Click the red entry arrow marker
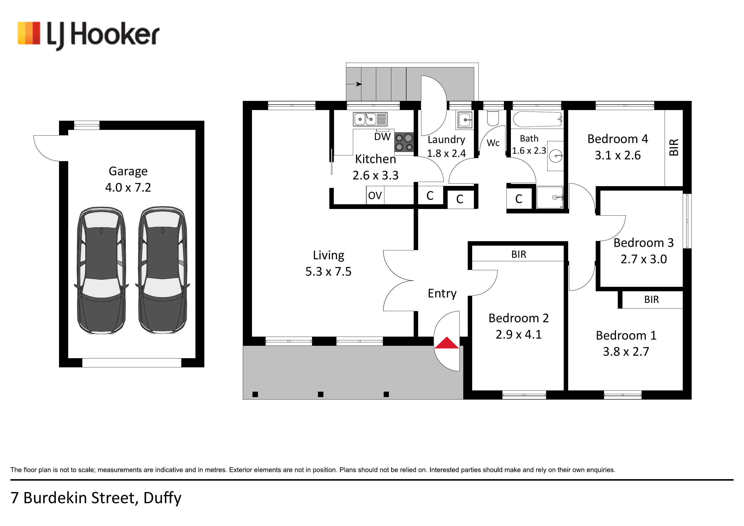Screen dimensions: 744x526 [447, 343]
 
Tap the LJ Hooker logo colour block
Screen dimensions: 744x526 [29, 33]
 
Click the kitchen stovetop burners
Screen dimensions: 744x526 [404, 143]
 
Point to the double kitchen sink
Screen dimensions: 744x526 [370, 119]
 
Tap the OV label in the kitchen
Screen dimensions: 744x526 [375, 196]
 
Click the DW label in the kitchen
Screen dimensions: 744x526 [382, 137]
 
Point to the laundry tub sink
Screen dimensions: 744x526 [465, 120]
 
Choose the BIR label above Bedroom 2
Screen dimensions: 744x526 [519, 255]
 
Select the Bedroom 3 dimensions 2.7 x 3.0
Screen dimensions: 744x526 [644, 259]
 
